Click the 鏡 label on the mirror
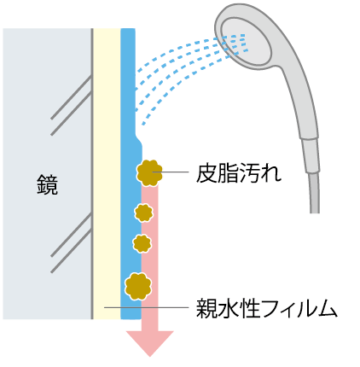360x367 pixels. point(47,184)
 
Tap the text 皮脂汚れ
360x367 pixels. point(239,172)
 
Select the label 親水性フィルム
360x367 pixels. point(267,308)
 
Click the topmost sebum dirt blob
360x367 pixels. point(149,173)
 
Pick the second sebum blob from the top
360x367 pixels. point(143,213)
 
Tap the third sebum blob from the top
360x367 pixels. point(142,243)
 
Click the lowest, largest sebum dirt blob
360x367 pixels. point(138,287)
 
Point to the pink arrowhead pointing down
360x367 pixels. point(150,343)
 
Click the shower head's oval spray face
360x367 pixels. point(246,42)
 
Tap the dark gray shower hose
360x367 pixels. point(314,193)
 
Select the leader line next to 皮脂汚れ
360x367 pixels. point(171,172)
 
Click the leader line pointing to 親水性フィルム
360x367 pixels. point(147,307)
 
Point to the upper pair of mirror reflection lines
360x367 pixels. point(71,105)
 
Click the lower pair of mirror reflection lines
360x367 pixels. point(71,242)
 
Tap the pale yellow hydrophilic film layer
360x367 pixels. point(107,173)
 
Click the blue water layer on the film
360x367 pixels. point(130,173)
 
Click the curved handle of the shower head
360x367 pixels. point(296,94)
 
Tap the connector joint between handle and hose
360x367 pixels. point(311,155)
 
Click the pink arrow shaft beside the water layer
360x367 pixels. point(149,258)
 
